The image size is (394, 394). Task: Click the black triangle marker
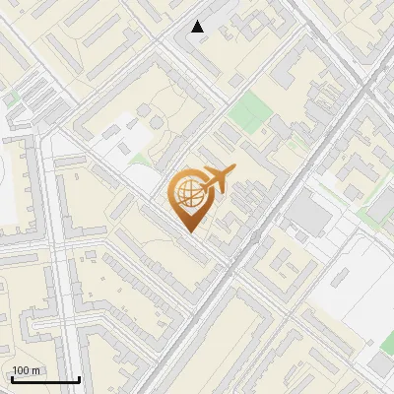click(x=198, y=27)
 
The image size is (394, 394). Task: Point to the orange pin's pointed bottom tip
click(x=189, y=232)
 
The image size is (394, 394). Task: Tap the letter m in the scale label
click(x=35, y=370)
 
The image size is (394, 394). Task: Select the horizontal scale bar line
click(x=45, y=379)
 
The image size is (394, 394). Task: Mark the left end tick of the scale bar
click(x=12, y=377)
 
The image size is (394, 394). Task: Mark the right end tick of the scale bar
click(x=79, y=377)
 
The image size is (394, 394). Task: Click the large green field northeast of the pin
click(x=247, y=109)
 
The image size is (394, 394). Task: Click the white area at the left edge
click(x=7, y=187)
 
